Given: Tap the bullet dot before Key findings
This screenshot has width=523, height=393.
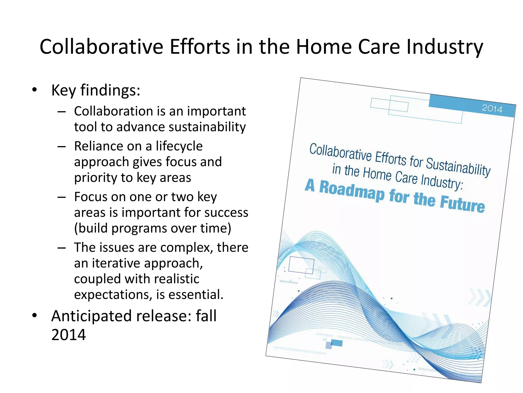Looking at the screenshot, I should (34, 90).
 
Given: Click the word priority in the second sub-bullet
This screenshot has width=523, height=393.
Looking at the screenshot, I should (100, 178).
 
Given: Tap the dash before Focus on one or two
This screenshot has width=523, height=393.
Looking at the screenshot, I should (62, 197).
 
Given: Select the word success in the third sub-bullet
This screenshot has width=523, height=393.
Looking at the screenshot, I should (226, 213).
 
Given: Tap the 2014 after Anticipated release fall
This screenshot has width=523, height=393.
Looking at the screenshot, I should (68, 335).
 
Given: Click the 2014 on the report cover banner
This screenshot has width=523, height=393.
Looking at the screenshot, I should (492, 109).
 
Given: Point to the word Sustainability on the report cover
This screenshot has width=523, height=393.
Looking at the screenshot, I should (458, 167).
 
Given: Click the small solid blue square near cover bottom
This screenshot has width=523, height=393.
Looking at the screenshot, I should (336, 343).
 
